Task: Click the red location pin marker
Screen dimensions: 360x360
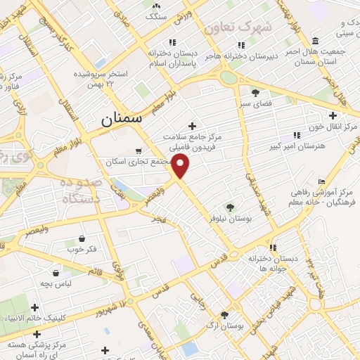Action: (181, 167)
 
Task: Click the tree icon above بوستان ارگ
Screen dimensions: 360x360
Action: (224, 316)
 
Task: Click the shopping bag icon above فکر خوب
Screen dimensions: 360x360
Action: (83, 239)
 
